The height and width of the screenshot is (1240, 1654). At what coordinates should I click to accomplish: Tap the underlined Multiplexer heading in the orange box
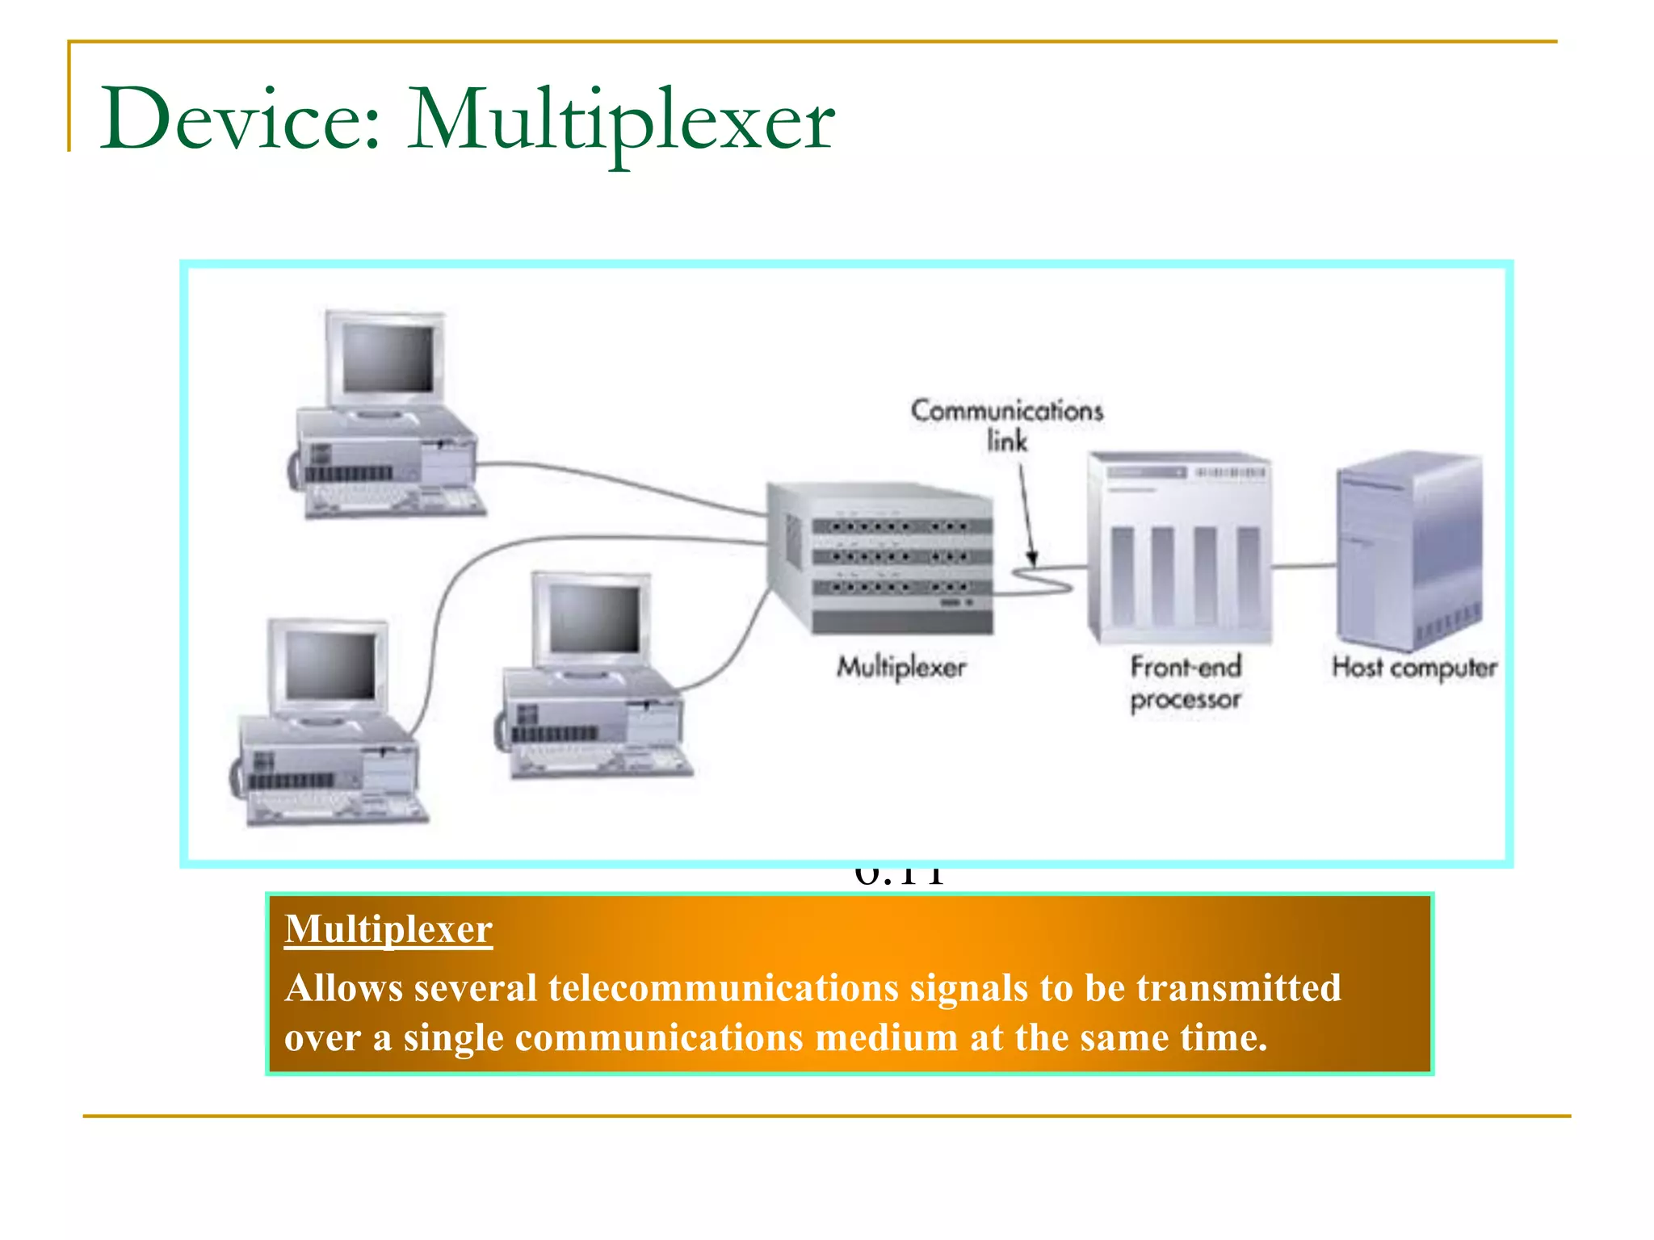[x=388, y=929]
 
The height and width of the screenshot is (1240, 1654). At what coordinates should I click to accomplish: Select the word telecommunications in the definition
[x=723, y=988]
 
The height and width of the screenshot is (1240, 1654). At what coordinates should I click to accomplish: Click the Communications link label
[x=1006, y=425]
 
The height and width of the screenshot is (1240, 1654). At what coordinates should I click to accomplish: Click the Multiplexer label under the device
[x=901, y=668]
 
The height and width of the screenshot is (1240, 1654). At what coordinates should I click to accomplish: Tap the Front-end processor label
[x=1185, y=683]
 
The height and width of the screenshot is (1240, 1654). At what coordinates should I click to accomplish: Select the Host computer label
[x=1414, y=668]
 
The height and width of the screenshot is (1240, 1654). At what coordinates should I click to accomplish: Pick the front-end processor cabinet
[x=1180, y=549]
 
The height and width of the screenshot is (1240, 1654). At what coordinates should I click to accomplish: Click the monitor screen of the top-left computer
[x=388, y=358]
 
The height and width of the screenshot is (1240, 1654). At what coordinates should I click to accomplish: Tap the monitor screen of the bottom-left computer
[x=330, y=665]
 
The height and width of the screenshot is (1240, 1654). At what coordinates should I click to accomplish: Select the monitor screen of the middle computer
[x=594, y=618]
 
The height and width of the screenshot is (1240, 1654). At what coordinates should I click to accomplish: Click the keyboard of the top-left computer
[x=396, y=500]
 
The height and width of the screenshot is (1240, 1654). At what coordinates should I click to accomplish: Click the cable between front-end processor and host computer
[x=1304, y=567]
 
